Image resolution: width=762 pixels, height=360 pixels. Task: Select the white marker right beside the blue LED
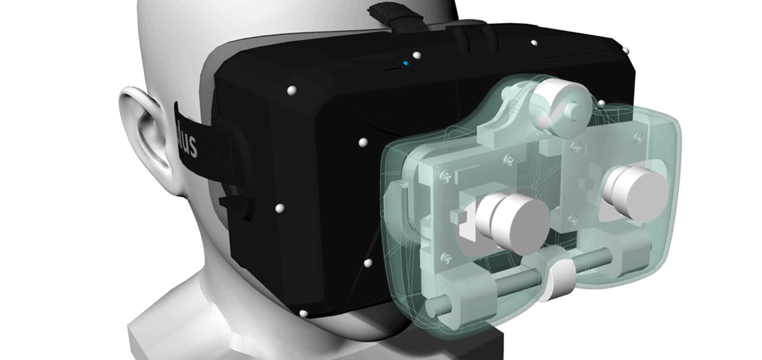click(416, 55)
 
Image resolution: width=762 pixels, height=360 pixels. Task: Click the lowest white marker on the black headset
click(302, 314)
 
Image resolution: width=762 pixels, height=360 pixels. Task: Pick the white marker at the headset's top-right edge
click(626, 51)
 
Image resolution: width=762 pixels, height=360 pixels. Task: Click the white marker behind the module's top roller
click(600, 102)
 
